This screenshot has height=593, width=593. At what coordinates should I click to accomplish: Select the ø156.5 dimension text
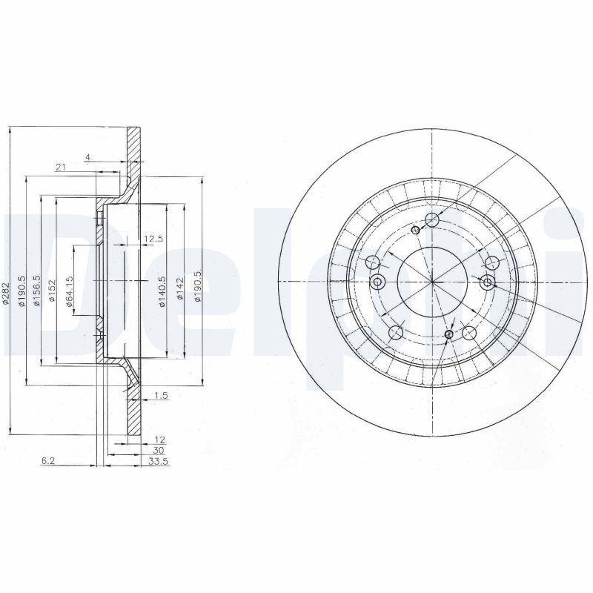(x=36, y=290)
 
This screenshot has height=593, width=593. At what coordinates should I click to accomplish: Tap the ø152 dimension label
(x=52, y=291)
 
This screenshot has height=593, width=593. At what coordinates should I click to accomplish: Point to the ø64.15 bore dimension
(x=69, y=291)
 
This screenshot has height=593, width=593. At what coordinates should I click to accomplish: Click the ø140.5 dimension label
(x=162, y=291)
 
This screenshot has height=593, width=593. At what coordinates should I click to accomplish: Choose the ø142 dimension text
(x=180, y=289)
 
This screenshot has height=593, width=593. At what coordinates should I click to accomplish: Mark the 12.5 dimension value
(x=153, y=239)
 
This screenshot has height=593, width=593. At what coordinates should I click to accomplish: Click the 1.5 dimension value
(x=161, y=396)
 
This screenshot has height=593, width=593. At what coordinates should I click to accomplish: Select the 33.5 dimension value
(x=159, y=461)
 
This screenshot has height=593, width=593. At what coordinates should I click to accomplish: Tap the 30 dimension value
(x=159, y=451)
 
